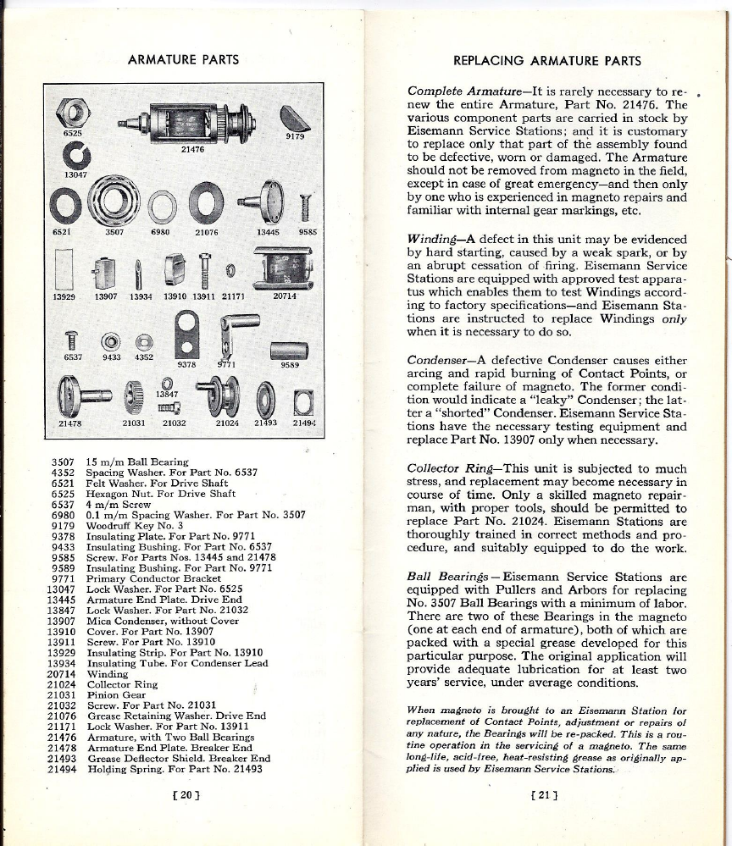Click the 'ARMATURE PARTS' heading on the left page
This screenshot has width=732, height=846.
tap(182, 60)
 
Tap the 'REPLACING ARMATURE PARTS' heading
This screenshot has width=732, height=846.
tap(547, 61)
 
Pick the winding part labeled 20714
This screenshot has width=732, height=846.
tap(284, 268)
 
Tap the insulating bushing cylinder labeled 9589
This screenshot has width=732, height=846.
tap(288, 350)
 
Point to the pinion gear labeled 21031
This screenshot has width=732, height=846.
tap(131, 395)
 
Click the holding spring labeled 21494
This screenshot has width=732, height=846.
tap(302, 400)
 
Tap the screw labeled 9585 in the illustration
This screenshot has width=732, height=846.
tap(306, 203)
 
